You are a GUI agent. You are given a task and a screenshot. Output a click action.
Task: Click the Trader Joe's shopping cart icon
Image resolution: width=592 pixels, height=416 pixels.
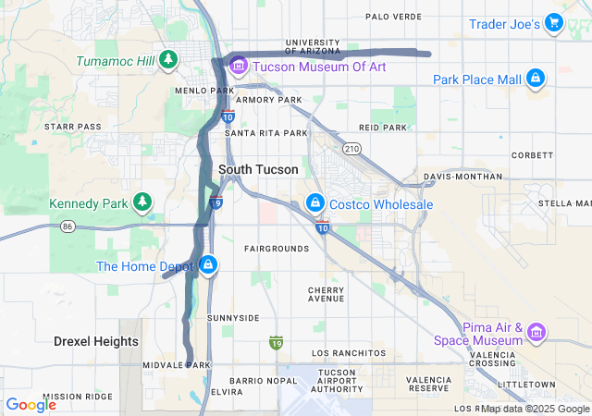coord(553,23)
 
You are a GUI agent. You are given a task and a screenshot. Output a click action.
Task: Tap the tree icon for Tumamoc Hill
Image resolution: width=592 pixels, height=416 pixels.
coord(168,60)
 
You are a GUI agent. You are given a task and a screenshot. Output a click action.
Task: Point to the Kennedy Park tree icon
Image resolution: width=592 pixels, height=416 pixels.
coord(142,202)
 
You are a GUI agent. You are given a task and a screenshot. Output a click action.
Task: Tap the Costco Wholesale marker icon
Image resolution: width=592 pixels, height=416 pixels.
coord(315,203)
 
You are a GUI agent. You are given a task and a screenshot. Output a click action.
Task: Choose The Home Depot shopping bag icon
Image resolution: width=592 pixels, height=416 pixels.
coord(208,266)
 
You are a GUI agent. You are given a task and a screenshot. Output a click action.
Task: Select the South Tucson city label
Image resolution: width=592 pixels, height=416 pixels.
coord(258,170)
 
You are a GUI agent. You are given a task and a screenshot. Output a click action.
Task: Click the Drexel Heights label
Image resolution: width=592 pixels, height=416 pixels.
coord(95,341)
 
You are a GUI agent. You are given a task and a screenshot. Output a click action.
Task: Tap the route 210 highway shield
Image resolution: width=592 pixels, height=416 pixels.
coord(351,148)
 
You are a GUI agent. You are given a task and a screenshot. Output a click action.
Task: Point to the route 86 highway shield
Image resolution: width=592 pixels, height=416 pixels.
coord(68,226)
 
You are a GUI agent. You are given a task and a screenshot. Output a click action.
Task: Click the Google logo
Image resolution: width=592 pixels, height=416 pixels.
coord(31,404)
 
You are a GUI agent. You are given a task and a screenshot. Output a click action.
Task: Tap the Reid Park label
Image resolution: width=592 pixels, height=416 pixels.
coord(383,128)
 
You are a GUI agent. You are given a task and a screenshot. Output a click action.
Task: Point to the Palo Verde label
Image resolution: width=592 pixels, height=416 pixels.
coord(393,17)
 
